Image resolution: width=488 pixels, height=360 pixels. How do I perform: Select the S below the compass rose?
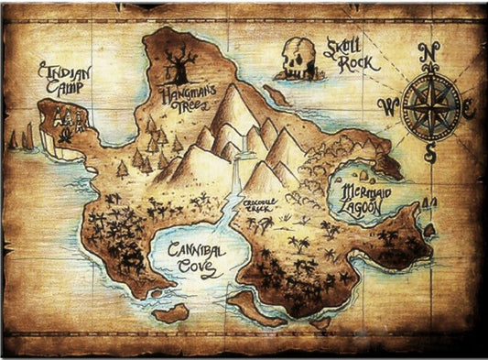[429, 153]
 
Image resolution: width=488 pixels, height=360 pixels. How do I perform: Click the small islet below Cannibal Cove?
[170, 312]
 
